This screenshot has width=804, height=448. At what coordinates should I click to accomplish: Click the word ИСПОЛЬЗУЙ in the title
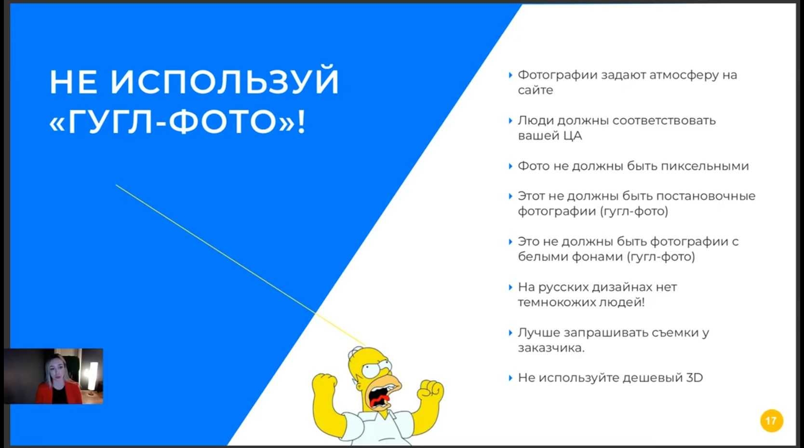pos(225,82)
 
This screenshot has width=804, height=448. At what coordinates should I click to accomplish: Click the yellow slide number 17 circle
pos(771,421)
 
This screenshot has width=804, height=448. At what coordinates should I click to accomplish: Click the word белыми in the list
pos(542,256)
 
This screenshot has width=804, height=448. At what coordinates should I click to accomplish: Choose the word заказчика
pos(551,348)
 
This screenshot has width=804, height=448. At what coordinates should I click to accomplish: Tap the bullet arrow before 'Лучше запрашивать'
pos(510,333)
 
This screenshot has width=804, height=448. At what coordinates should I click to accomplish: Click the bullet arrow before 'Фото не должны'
pos(510,166)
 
